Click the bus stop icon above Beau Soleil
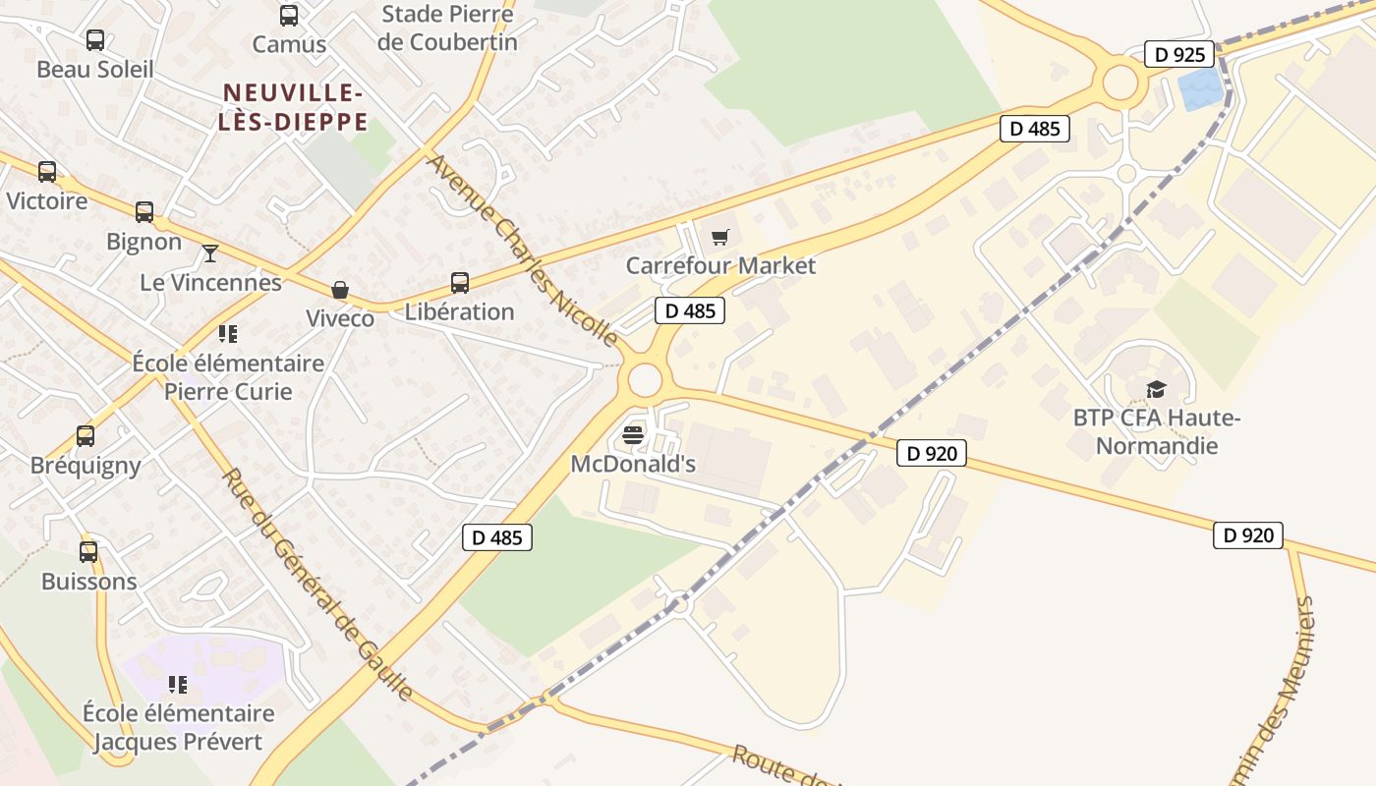coord(95,40)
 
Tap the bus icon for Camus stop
coord(289,16)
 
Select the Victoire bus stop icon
coord(47,172)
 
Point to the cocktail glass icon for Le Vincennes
coord(210,253)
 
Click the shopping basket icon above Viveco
coord(340,290)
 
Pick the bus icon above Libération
coord(460,283)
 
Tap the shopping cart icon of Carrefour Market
coord(720,237)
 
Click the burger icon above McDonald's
coord(633,435)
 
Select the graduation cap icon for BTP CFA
coord(1156,390)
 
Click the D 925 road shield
coord(1179,54)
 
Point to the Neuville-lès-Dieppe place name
coord(295,107)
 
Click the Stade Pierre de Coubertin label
coord(447,28)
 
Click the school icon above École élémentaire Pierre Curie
coord(228,334)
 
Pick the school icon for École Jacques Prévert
coord(178,684)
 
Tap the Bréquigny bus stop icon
coord(86,436)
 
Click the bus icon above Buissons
coord(88,552)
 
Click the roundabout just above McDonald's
coord(645,379)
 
